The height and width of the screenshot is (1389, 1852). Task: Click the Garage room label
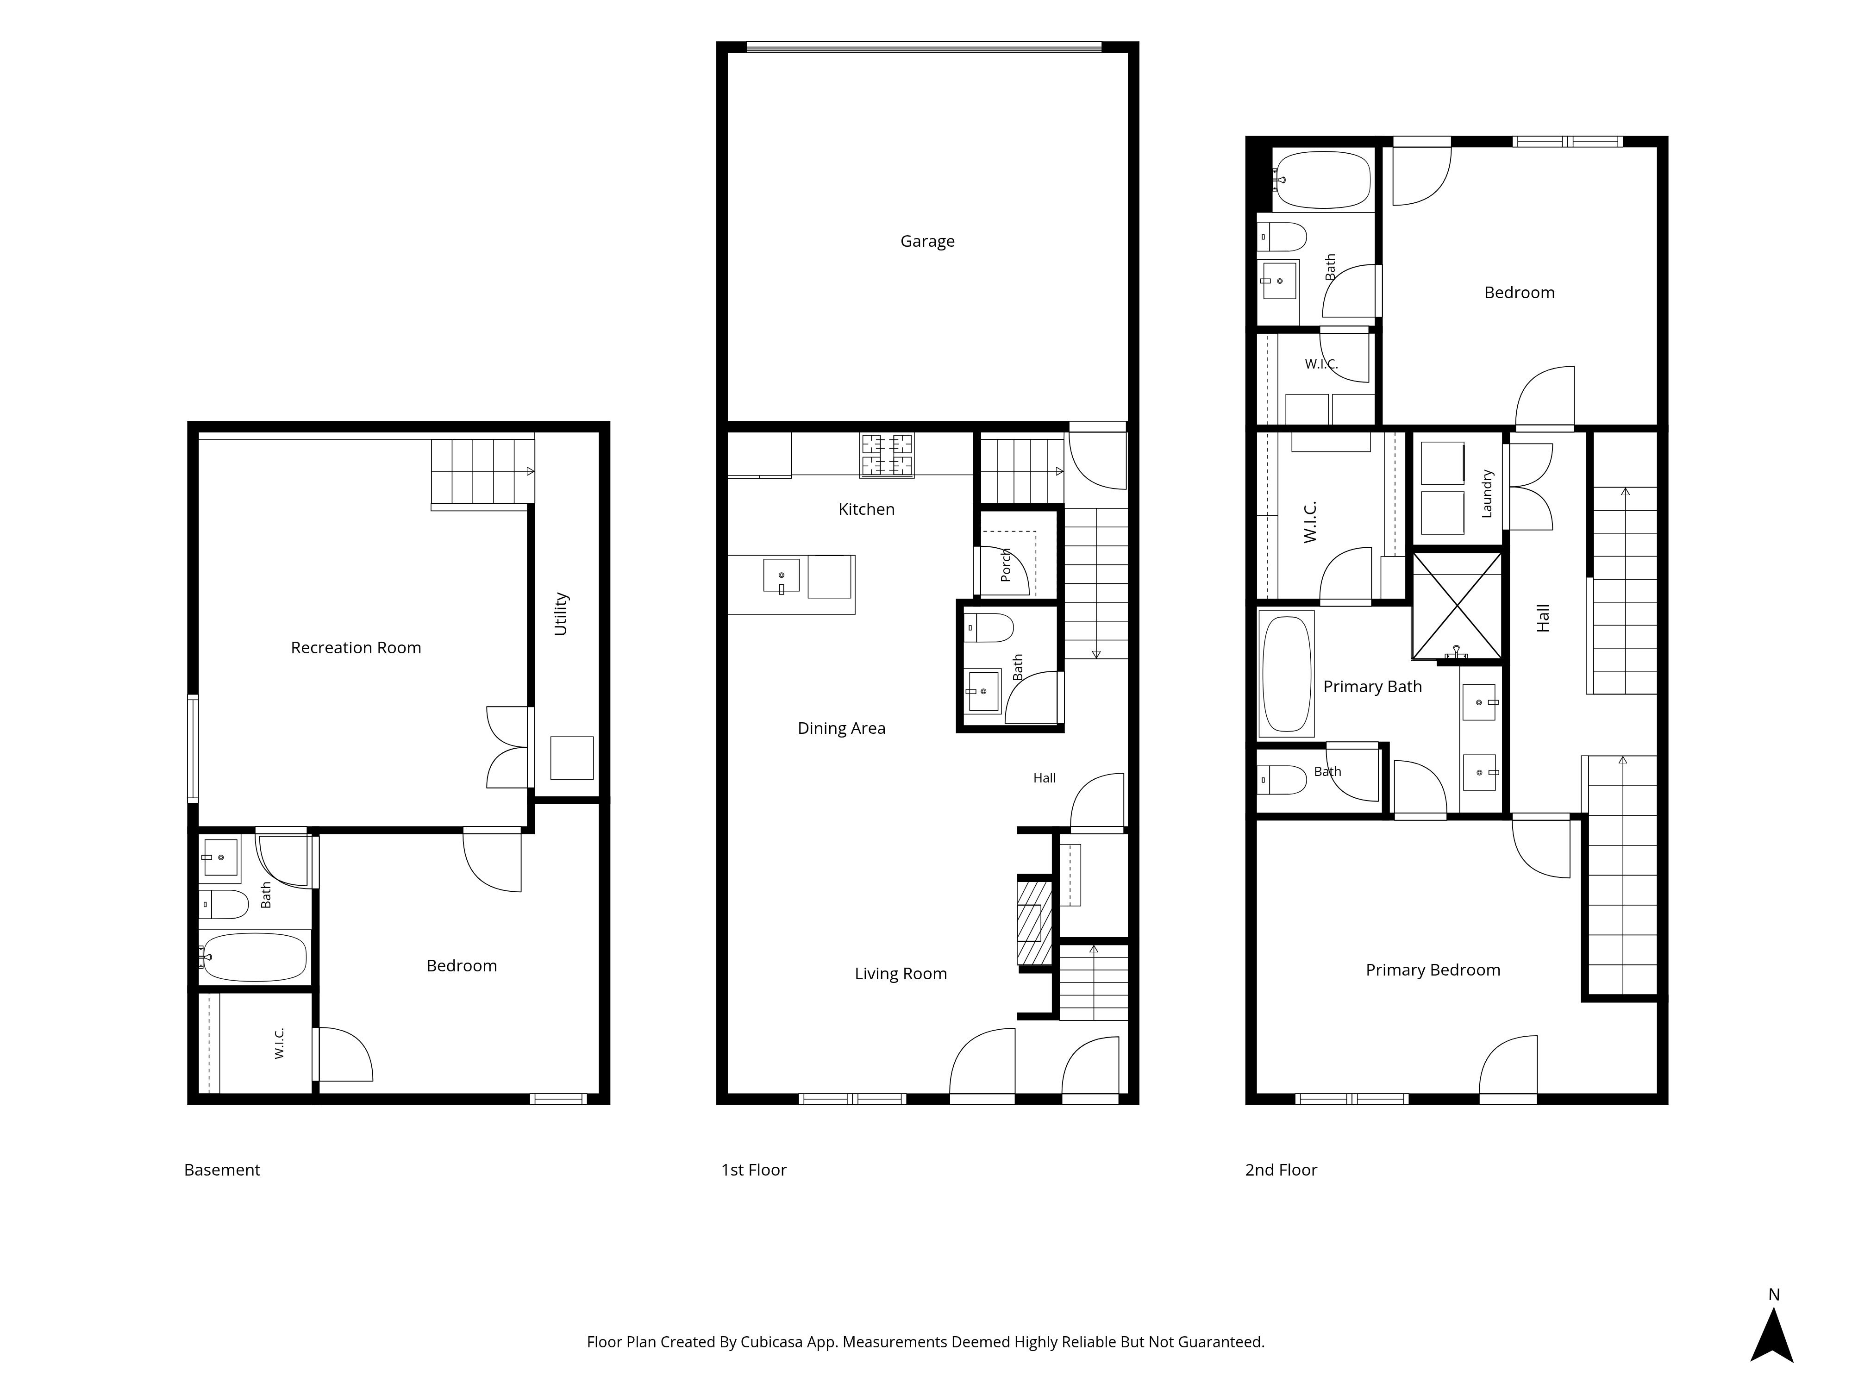click(927, 241)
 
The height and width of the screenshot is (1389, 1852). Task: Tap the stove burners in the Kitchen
click(887, 455)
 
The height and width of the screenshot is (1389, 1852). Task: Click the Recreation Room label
click(356, 647)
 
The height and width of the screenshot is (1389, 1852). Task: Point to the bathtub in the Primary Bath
click(1286, 674)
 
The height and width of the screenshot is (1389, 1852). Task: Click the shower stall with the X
click(1457, 605)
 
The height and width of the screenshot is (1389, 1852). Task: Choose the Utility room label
click(561, 613)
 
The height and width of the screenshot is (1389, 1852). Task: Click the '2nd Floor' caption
click(1281, 1170)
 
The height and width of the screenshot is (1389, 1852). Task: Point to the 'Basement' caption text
click(222, 1170)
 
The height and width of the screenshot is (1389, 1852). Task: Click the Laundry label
click(1487, 493)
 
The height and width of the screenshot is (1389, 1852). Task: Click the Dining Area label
click(841, 728)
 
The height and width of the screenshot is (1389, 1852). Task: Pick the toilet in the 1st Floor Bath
click(989, 627)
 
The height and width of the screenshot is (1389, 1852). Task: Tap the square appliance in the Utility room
click(572, 758)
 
